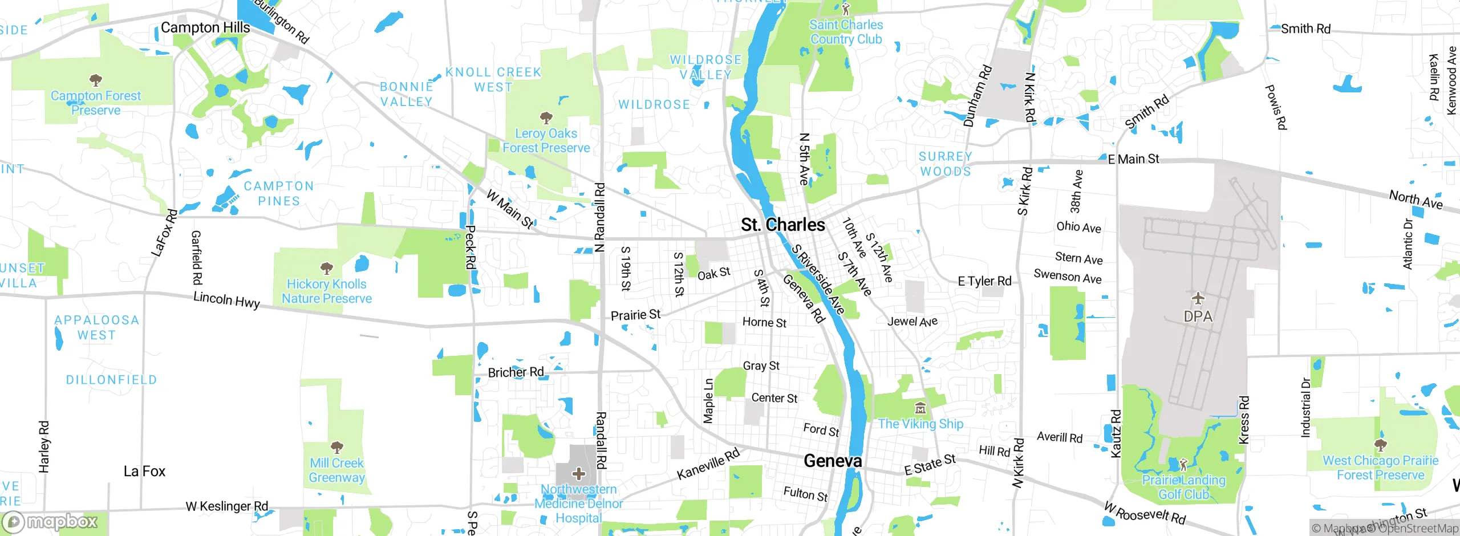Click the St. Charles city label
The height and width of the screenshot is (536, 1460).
pyautogui.click(x=782, y=225)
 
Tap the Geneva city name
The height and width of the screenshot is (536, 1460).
pyautogui.click(x=832, y=461)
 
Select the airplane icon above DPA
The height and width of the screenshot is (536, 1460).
pyautogui.click(x=1198, y=298)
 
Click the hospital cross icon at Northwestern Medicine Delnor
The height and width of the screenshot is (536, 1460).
pyautogui.click(x=579, y=474)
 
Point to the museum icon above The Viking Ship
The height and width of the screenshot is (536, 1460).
pyautogui.click(x=920, y=408)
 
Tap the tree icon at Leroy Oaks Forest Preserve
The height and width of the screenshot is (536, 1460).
pyautogui.click(x=546, y=118)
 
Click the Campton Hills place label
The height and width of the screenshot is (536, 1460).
pyautogui.click(x=205, y=27)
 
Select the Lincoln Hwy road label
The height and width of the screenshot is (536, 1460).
pyautogui.click(x=226, y=299)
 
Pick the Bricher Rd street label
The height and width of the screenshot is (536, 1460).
pyautogui.click(x=516, y=372)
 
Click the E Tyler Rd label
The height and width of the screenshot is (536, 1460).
pyautogui.click(x=984, y=281)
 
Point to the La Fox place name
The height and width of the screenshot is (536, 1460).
pyautogui.click(x=144, y=472)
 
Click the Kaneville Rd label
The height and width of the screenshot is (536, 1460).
pyautogui.click(x=708, y=464)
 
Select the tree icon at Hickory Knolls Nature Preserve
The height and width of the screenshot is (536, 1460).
pyautogui.click(x=326, y=268)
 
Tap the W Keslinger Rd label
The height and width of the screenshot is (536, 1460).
pyautogui.click(x=226, y=506)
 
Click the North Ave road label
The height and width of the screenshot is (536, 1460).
pyautogui.click(x=1416, y=200)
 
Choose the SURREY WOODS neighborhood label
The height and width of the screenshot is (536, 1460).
pyautogui.click(x=945, y=164)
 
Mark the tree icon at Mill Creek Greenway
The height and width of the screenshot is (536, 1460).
pyautogui.click(x=336, y=446)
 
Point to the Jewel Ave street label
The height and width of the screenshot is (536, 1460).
pyautogui.click(x=912, y=322)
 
